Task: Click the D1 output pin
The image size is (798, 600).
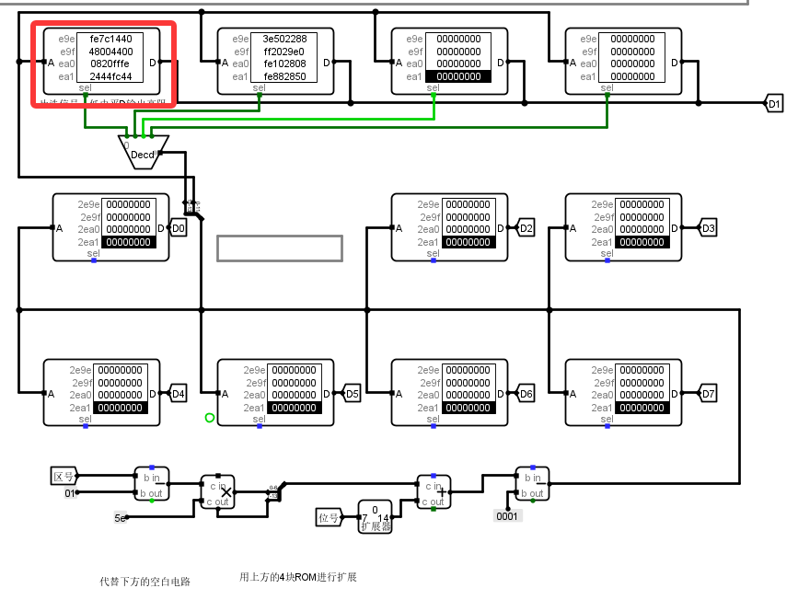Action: pos(774,104)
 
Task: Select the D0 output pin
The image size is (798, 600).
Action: pos(179,228)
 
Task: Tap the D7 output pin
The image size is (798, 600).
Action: pos(708,394)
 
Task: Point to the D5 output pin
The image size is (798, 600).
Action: pos(352,394)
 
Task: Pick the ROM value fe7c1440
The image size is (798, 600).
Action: pos(110,40)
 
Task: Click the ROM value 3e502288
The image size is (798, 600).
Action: pos(284,40)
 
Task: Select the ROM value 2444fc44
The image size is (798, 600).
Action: pos(110,76)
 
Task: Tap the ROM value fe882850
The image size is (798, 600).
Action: pos(284,76)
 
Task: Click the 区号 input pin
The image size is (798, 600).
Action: pos(64,476)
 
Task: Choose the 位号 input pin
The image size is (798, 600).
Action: pos(329,516)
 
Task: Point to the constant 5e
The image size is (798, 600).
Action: pos(121,518)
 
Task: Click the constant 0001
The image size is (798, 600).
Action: pos(508,516)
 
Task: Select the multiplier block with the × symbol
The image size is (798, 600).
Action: pos(218,491)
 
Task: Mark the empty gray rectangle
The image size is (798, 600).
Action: pos(280,248)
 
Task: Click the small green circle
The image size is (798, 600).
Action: pos(209,418)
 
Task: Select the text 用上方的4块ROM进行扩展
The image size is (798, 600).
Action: pos(297,577)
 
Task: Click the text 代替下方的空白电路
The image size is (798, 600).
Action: pos(145,582)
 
